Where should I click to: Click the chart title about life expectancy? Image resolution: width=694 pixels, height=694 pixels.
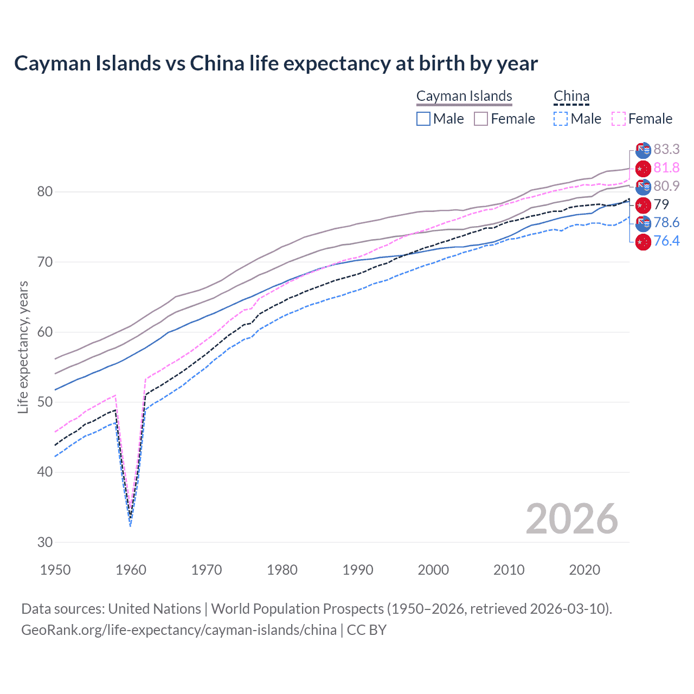point(275,63)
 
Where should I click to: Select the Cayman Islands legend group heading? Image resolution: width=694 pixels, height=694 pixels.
point(464,96)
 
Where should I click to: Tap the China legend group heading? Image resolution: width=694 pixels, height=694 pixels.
point(571,96)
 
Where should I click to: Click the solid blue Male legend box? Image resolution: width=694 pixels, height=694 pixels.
point(423,119)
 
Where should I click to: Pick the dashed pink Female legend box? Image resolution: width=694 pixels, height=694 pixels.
point(619,119)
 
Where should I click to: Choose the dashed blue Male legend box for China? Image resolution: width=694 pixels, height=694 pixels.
point(561,119)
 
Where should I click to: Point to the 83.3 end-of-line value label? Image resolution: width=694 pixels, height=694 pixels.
point(666,149)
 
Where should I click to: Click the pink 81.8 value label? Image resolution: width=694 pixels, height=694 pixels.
point(666,168)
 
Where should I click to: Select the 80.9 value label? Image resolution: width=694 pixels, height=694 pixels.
point(666,186)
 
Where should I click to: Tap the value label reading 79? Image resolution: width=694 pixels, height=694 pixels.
point(661,204)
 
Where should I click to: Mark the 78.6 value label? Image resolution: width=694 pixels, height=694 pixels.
point(666,223)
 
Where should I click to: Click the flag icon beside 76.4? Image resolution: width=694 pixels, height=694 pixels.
point(643,241)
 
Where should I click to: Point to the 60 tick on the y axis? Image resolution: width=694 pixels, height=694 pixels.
point(45,332)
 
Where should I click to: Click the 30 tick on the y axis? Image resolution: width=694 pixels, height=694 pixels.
point(45,542)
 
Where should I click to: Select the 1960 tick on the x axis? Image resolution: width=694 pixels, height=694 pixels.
point(131,570)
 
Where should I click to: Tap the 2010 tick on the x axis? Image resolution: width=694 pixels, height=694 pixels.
point(509,570)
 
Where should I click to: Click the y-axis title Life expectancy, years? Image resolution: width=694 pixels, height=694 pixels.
point(23,347)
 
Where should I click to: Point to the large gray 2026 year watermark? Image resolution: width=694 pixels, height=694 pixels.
point(571,519)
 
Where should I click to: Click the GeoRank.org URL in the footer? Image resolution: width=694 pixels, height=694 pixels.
point(179,630)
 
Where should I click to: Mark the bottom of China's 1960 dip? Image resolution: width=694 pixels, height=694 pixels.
point(130,520)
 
